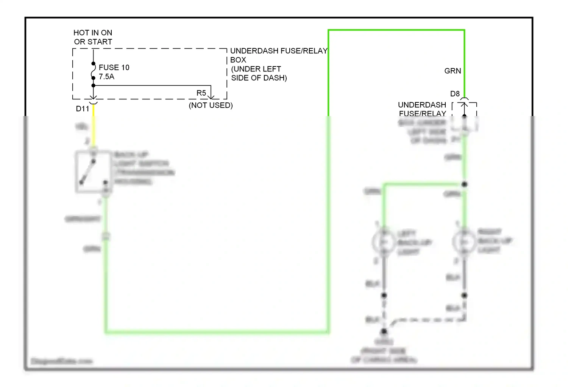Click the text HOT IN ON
coord(93,33)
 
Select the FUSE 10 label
coord(114,68)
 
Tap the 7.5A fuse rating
coord(106,77)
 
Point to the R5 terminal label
coord(201,93)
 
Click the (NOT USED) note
coord(211,105)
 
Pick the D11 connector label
coord(83,109)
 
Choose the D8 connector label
coord(455,94)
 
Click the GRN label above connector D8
coord(453,71)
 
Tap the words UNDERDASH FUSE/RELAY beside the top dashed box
coord(279,51)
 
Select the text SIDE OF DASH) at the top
coord(259,78)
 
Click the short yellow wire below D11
coord(94,125)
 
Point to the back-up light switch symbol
coord(93,172)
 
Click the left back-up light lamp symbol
coord(384,241)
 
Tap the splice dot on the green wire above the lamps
coord(464,184)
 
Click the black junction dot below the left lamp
coord(384,295)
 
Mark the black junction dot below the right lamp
coord(465,295)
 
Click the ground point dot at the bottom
coord(384,331)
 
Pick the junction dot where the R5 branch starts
coord(94,86)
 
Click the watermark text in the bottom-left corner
coord(61,361)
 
